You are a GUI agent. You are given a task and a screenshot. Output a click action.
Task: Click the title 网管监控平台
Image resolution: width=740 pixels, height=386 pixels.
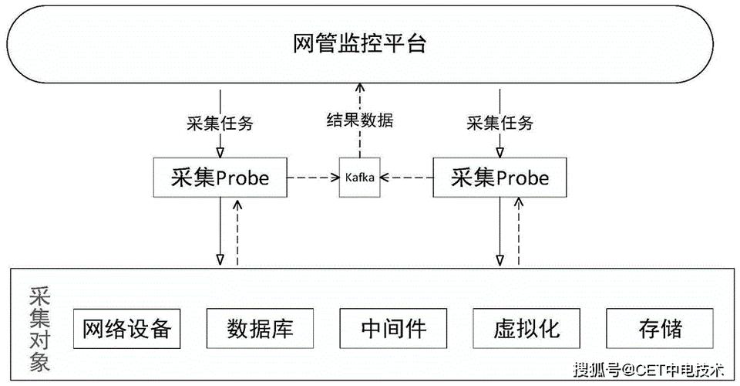point(360,42)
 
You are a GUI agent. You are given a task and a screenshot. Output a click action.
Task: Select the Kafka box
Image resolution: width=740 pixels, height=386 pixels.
point(359,178)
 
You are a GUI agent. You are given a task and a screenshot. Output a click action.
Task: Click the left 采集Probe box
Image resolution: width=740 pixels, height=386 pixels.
point(220,178)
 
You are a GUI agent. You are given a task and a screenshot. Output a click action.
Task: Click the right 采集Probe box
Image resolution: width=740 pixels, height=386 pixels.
point(499,178)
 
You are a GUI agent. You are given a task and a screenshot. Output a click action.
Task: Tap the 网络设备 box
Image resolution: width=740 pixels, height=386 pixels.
point(126,329)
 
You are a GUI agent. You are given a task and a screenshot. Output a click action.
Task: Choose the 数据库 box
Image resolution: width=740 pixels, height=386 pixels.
point(260,329)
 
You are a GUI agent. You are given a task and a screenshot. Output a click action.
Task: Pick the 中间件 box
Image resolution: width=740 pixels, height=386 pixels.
point(393,329)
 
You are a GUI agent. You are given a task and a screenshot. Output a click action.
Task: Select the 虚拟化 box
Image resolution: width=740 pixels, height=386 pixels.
point(526,329)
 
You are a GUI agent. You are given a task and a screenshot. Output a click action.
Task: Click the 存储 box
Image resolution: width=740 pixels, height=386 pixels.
point(660,329)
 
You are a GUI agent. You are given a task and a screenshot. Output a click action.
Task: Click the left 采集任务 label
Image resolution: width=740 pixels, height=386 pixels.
point(220,123)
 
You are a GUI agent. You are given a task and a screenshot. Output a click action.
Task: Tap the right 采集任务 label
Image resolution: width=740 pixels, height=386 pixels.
point(500,123)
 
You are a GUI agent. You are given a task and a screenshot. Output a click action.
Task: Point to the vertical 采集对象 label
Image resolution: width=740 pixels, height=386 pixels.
point(39,330)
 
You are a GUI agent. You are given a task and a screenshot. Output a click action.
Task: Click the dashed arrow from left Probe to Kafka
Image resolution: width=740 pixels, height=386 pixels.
point(313,178)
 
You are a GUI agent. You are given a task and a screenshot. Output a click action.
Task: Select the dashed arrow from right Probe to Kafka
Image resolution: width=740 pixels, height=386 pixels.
point(406,178)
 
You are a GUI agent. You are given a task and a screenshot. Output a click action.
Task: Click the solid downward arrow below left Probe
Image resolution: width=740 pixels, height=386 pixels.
point(220,232)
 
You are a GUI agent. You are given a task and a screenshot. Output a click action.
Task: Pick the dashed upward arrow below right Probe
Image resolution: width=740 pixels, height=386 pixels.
point(518,232)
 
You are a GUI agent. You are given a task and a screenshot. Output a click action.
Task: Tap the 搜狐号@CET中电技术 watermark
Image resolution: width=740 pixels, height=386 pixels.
point(649,369)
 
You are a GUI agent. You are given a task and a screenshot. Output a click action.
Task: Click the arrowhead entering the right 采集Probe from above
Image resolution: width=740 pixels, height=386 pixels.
point(500,152)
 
